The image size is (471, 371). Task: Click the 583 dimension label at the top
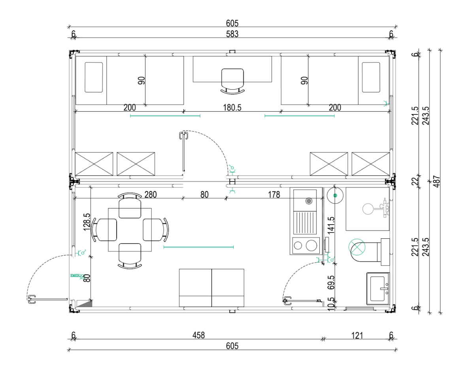point(232,34)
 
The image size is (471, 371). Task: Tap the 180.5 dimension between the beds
point(232,107)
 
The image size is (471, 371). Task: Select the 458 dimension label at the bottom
point(198,335)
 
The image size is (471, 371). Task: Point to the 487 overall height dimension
point(437,182)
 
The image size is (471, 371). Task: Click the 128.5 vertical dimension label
point(87,222)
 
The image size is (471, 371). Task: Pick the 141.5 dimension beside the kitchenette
point(331,225)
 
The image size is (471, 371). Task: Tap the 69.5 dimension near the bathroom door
point(331,283)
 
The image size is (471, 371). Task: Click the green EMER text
point(75,275)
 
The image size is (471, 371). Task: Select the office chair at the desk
point(232,81)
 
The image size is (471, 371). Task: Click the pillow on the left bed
point(94,77)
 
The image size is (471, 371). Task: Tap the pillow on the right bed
point(371,77)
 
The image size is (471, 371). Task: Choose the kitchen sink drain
point(309,201)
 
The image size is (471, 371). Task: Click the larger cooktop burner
point(311,245)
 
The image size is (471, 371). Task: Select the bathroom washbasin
point(378,289)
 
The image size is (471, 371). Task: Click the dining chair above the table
point(130,206)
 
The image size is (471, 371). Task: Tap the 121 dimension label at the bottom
point(357,335)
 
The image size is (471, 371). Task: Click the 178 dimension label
point(274,195)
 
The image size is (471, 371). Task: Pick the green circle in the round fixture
point(335,195)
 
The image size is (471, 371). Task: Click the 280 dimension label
point(151,195)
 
